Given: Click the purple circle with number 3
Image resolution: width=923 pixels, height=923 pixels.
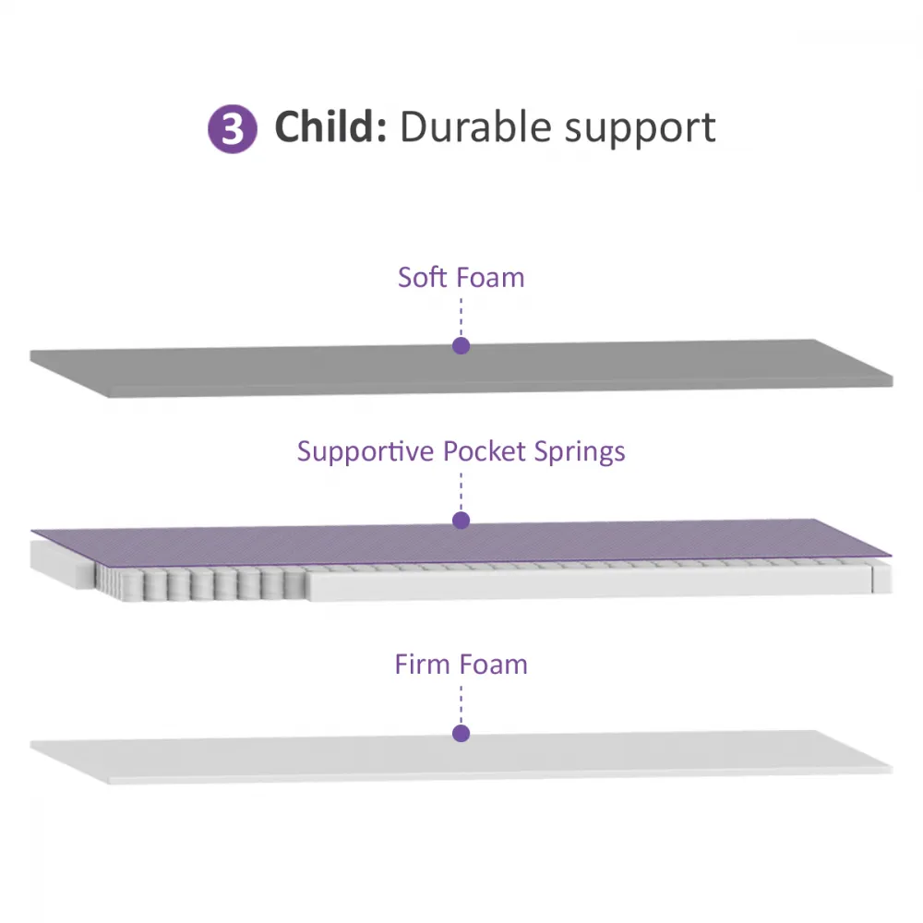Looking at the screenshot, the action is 233,129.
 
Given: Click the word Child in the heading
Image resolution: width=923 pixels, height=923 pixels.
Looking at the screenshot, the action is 330,126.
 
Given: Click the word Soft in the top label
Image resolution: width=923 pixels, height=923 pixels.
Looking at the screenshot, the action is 422,277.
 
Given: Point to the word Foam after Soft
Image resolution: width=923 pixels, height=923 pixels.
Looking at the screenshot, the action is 490,277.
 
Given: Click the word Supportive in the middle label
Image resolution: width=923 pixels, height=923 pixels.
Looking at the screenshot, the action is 366,451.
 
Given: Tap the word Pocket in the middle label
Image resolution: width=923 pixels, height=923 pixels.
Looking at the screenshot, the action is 485,451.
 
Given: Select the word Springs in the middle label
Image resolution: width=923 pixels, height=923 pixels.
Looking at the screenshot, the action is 580,452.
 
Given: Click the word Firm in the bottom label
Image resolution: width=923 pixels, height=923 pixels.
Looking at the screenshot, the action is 421,664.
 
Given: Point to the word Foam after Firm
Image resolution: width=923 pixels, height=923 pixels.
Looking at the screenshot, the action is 492,665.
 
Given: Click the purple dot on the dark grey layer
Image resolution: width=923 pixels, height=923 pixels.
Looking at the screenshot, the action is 461,345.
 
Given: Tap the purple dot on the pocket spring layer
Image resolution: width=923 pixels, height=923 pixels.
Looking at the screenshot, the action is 461,520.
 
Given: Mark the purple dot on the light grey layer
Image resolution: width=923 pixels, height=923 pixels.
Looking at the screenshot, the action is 461,733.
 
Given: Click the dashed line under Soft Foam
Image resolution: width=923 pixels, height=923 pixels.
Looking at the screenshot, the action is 461,318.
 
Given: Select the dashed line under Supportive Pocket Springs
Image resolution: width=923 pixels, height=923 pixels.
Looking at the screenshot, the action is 461,492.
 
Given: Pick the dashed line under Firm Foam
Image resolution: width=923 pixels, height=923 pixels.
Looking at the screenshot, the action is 461,705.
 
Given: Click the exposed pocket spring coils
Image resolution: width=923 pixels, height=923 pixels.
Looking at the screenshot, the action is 200,582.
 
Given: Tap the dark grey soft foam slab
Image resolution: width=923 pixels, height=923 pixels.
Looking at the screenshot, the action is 461,368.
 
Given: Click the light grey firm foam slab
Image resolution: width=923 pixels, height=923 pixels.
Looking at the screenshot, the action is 461,758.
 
